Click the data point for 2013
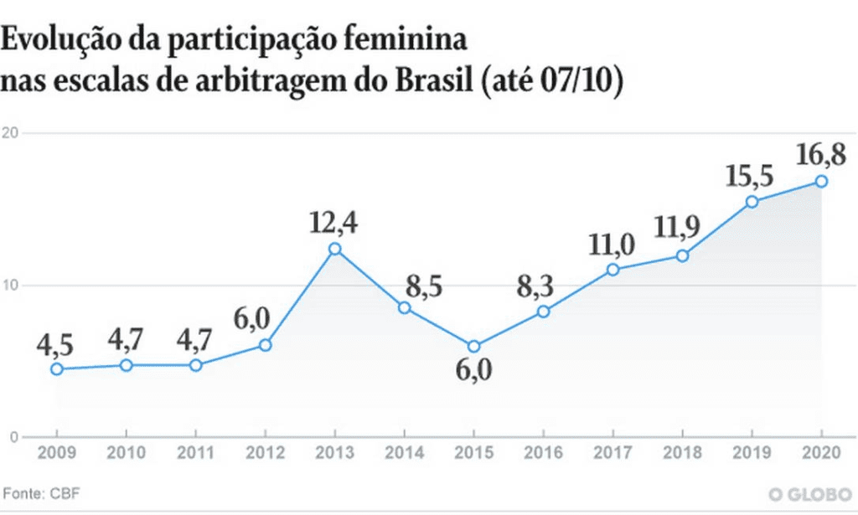point(334,249)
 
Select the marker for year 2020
point(822,181)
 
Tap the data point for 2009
point(56,369)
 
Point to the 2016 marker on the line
point(543,312)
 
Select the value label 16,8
point(822,154)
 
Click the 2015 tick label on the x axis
point(473,455)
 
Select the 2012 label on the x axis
point(265,455)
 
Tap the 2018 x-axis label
point(682,455)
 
